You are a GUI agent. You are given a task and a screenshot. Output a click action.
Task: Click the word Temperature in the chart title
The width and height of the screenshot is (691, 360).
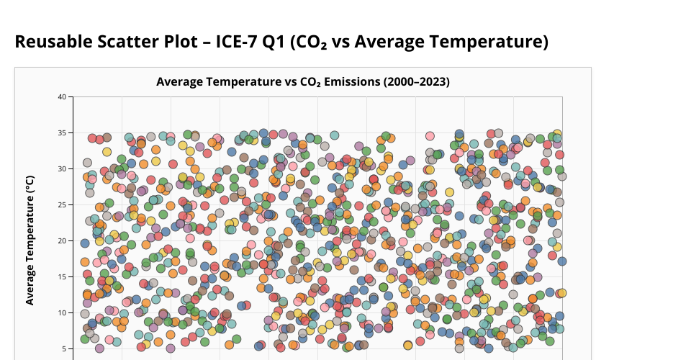click(x=244, y=82)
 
